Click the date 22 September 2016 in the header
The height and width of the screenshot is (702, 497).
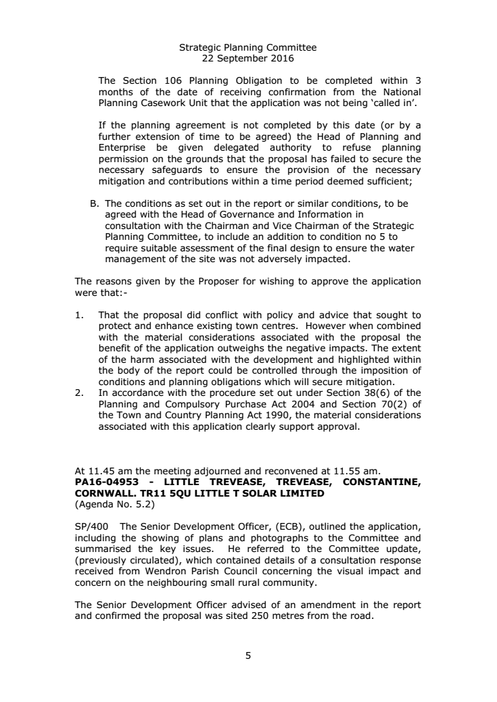247,58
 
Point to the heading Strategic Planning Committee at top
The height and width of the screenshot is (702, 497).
247,48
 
